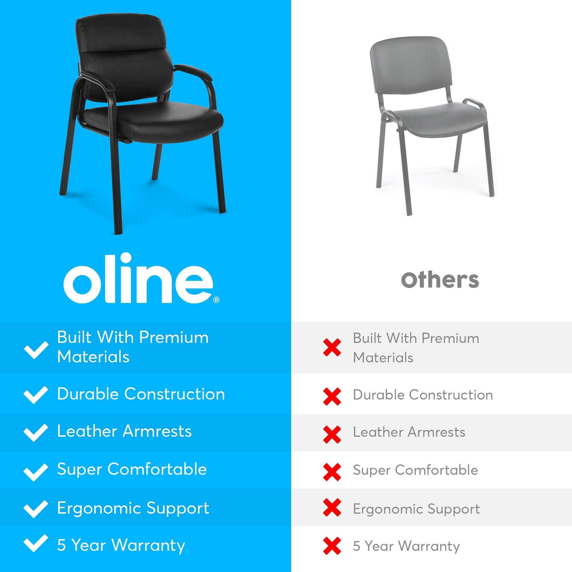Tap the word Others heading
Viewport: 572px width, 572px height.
440,280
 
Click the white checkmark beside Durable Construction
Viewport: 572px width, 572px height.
35,395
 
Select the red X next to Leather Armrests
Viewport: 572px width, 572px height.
332,434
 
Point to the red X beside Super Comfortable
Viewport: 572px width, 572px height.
332,472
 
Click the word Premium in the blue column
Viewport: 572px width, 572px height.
174,337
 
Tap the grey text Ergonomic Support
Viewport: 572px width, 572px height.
416,509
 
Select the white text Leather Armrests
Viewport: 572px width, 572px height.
124,431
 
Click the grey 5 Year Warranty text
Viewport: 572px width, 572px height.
406,546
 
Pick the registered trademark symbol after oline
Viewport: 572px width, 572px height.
217,300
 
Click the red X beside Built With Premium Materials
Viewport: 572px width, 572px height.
332,347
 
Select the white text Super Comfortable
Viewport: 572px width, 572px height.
132,469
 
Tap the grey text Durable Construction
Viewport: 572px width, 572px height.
423,395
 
